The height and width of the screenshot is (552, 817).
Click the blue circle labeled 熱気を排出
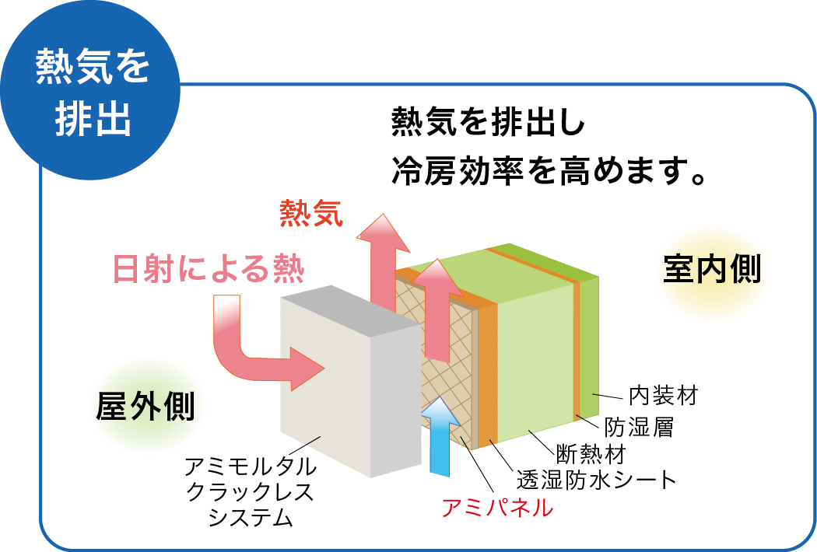pos(91,91)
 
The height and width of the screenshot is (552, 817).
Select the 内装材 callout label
pos(662,396)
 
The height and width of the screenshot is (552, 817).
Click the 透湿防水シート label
pos(597,480)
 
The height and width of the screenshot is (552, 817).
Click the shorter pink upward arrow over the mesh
pos(440,307)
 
